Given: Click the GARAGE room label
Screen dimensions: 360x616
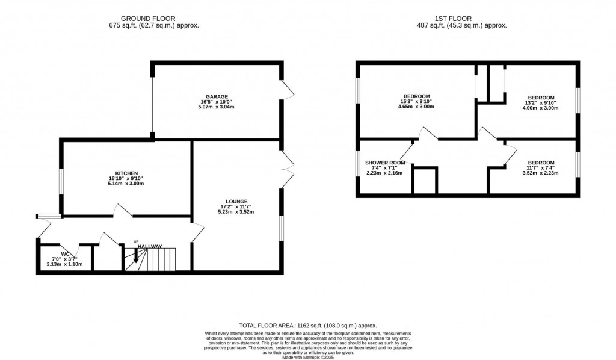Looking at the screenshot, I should (x=216, y=96).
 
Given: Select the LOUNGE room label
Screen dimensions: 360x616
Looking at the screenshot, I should (x=236, y=201).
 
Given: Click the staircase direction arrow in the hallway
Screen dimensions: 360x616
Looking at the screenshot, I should (x=135, y=257).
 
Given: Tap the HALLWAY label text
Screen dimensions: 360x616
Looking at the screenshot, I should (x=150, y=247).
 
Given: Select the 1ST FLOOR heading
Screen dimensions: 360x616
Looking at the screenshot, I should (x=462, y=19).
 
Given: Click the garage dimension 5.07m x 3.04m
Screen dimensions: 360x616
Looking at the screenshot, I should (x=216, y=107).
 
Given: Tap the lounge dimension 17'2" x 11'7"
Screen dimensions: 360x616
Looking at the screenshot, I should (x=236, y=206).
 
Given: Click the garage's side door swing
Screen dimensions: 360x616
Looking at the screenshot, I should (x=288, y=90).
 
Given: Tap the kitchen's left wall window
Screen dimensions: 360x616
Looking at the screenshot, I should (x=61, y=181).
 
